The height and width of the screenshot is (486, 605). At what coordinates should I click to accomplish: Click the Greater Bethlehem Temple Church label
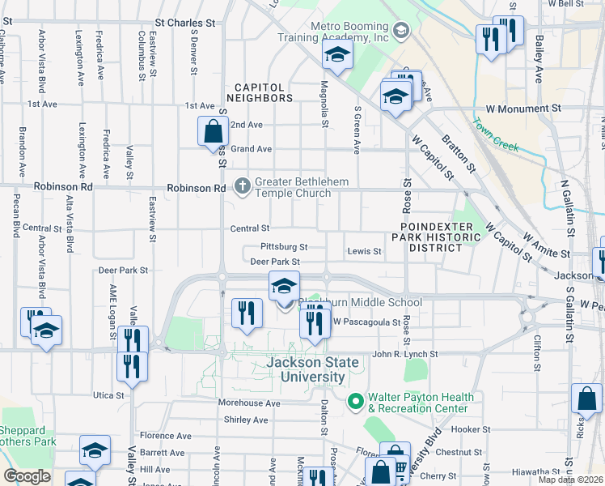point(293,187)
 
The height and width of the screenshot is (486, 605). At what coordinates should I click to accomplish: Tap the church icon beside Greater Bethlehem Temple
point(242,186)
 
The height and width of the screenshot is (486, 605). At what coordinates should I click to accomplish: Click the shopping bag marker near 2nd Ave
point(212,130)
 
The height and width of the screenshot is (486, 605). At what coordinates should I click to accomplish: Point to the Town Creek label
point(495,134)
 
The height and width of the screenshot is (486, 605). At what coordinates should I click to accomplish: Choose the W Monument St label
point(523,108)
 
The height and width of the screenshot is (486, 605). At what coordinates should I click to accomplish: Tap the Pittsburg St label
point(284,246)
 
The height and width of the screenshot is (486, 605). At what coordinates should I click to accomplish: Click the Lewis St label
point(364,251)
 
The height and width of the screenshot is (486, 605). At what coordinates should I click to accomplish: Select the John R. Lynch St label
point(404,354)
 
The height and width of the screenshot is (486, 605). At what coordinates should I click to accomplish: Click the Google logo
point(27,476)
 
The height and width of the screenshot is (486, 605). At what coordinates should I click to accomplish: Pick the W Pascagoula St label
point(368,322)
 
